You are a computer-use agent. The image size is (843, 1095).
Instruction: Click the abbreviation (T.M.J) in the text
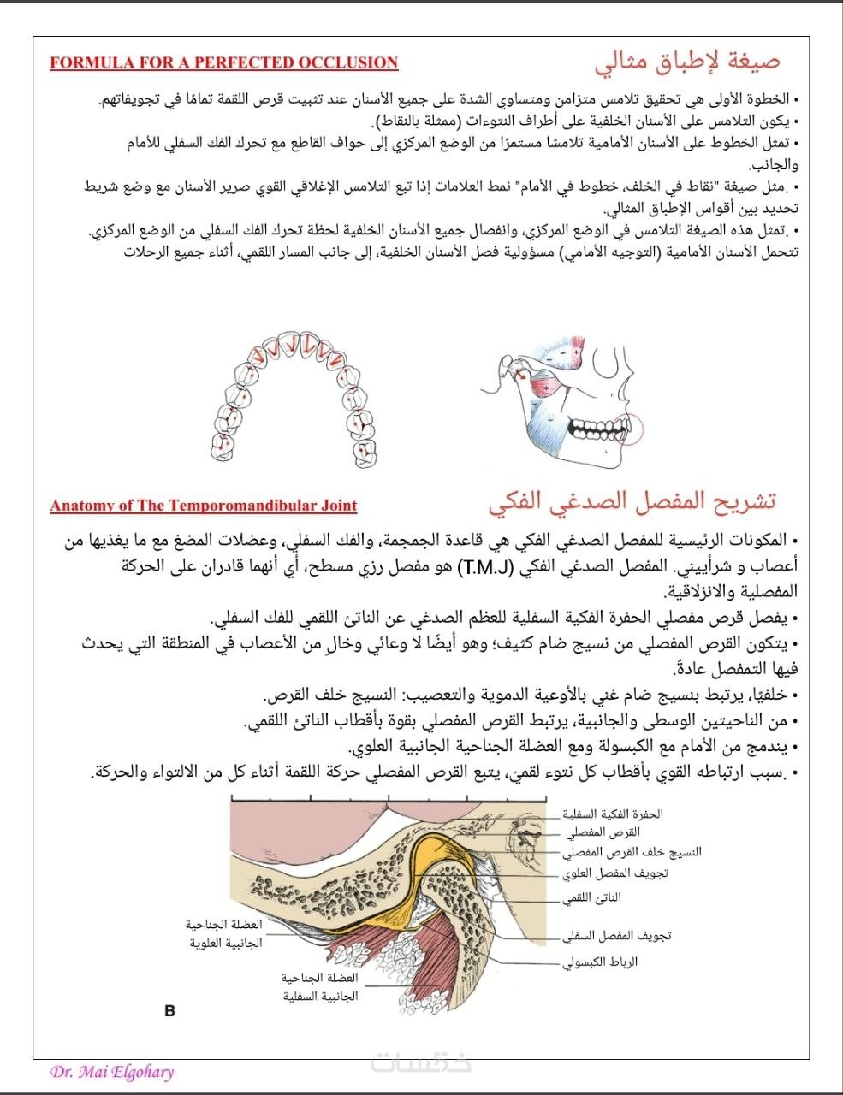(x=484, y=567)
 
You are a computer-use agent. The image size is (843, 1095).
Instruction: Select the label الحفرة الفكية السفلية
(x=613, y=814)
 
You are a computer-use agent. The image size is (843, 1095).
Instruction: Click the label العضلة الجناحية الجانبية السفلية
(x=319, y=987)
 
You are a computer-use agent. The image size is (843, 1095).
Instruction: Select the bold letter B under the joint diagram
(x=169, y=1011)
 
